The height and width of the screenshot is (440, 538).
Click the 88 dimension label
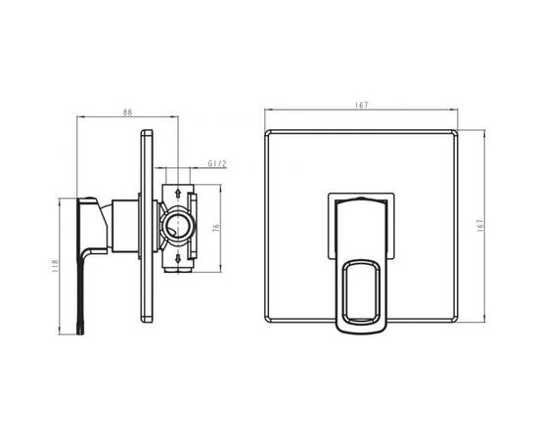(x=127, y=112)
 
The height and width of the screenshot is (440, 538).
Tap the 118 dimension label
(x=55, y=266)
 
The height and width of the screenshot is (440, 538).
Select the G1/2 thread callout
(x=217, y=163)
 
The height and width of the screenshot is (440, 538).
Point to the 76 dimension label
(x=216, y=228)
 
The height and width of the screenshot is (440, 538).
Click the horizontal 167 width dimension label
(x=361, y=106)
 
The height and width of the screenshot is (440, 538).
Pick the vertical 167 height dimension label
(x=480, y=226)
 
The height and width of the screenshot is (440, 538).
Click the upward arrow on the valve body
(x=178, y=193)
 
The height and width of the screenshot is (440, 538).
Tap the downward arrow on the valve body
(x=178, y=258)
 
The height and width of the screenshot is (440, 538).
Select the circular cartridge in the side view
(x=177, y=227)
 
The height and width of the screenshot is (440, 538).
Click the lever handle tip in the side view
(x=80, y=330)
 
